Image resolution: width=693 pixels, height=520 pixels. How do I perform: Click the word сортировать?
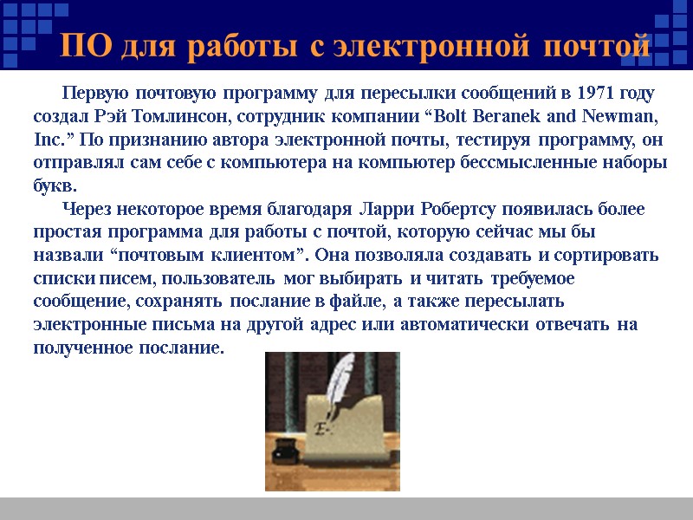pyautogui.click(x=613, y=256)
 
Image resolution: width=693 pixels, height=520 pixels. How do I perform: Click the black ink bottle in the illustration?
pyautogui.click(x=282, y=450)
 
